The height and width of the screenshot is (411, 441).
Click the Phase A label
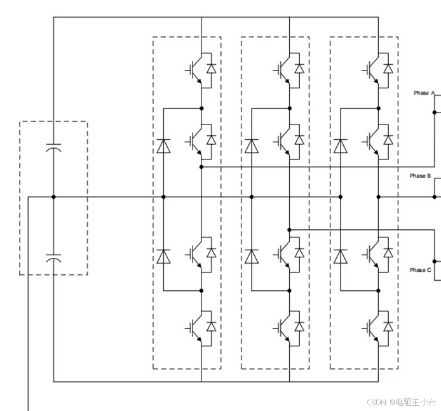[424, 93]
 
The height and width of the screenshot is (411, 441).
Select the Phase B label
[420, 176]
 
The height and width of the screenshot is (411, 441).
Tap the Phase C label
[420, 270]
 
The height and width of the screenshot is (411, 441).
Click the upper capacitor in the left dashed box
[53, 148]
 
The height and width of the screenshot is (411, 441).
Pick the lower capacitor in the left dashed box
[53, 258]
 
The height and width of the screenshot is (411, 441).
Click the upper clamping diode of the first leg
[163, 147]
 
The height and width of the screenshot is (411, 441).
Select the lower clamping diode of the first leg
[163, 256]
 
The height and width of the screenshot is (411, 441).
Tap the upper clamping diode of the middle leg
[252, 147]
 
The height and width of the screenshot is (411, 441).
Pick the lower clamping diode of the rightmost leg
[341, 256]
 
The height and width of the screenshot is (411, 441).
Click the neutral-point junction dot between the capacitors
[53, 197]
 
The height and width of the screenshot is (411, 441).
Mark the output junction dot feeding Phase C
[289, 229]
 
